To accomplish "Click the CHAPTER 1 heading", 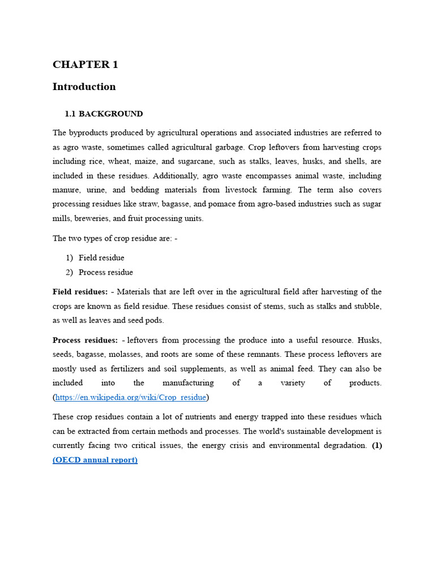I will pos(85,65).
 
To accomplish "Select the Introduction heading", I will pos(84,87).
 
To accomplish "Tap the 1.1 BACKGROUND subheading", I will pos(104,114).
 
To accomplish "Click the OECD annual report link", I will pos(95,459).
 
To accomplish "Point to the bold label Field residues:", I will pos(80,292).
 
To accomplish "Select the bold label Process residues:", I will pos(84,340).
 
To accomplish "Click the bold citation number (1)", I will pos(377,445).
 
